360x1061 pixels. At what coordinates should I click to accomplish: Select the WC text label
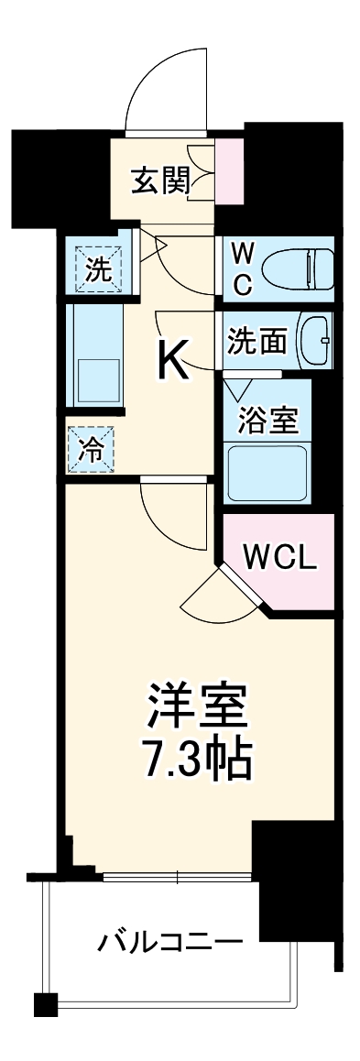point(241,268)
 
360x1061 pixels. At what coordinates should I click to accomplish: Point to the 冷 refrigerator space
point(92,449)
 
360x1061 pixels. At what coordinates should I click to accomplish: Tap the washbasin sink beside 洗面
point(316,339)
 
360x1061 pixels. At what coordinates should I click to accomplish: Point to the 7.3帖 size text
point(196,759)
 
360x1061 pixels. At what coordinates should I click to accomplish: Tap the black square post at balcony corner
point(46,1004)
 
